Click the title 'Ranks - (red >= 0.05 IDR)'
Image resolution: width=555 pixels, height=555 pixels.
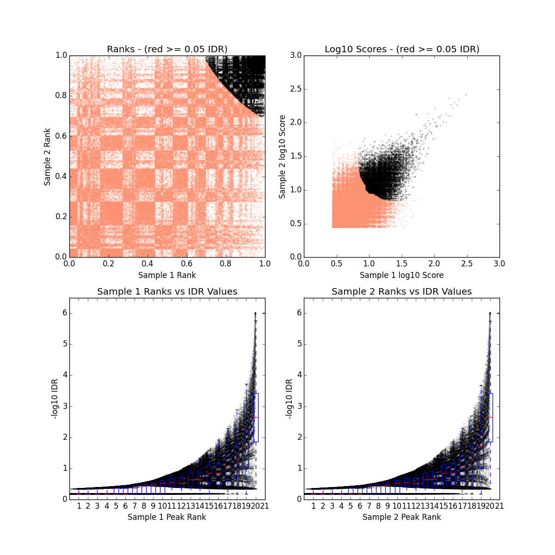tap(167, 49)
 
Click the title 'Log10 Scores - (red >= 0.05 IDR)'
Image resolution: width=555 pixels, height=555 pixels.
tap(401, 49)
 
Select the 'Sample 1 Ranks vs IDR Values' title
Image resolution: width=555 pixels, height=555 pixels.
tap(167, 291)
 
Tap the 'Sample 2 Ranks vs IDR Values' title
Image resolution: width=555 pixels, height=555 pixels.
tap(401, 291)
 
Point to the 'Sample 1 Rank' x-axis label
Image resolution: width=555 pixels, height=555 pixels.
tap(167, 275)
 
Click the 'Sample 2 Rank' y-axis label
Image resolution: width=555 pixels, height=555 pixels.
tap(47, 157)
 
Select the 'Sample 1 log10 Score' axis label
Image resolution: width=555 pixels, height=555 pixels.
tap(401, 275)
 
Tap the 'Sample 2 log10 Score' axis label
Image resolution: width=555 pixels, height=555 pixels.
tap(282, 157)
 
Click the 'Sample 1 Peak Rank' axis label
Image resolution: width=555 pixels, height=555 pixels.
tap(167, 517)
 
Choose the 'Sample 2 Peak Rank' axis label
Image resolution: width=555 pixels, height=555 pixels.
tap(401, 517)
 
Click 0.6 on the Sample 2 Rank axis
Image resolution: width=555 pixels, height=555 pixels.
tap(61, 136)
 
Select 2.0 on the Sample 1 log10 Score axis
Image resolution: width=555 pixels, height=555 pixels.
tap(434, 264)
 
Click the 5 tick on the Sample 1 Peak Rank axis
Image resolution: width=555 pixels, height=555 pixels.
tap(116, 506)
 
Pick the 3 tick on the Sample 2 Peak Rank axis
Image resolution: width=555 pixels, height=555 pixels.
tap(332, 506)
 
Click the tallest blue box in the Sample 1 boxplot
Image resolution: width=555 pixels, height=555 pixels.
tap(256, 417)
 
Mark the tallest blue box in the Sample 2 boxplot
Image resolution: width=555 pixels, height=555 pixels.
tap(490, 417)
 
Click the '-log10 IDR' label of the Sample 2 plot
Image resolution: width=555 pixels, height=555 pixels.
tap(290, 399)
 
